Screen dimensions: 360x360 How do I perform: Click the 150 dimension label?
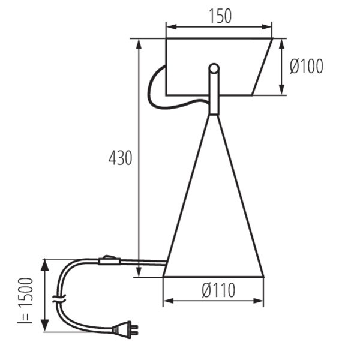coord(220,16)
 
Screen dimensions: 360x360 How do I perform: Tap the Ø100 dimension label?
coord(307,66)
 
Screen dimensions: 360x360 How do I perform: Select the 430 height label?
coord(121,158)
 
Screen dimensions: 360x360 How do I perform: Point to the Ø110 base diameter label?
coord(218,290)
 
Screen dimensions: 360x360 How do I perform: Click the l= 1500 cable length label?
coord(25,301)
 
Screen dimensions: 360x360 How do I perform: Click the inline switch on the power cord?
coord(110,261)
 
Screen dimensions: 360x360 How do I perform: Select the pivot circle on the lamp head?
coord(214,68)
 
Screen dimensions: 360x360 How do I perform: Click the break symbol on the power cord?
coord(59,299)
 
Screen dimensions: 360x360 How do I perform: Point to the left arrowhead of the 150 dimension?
coord(171,26)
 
